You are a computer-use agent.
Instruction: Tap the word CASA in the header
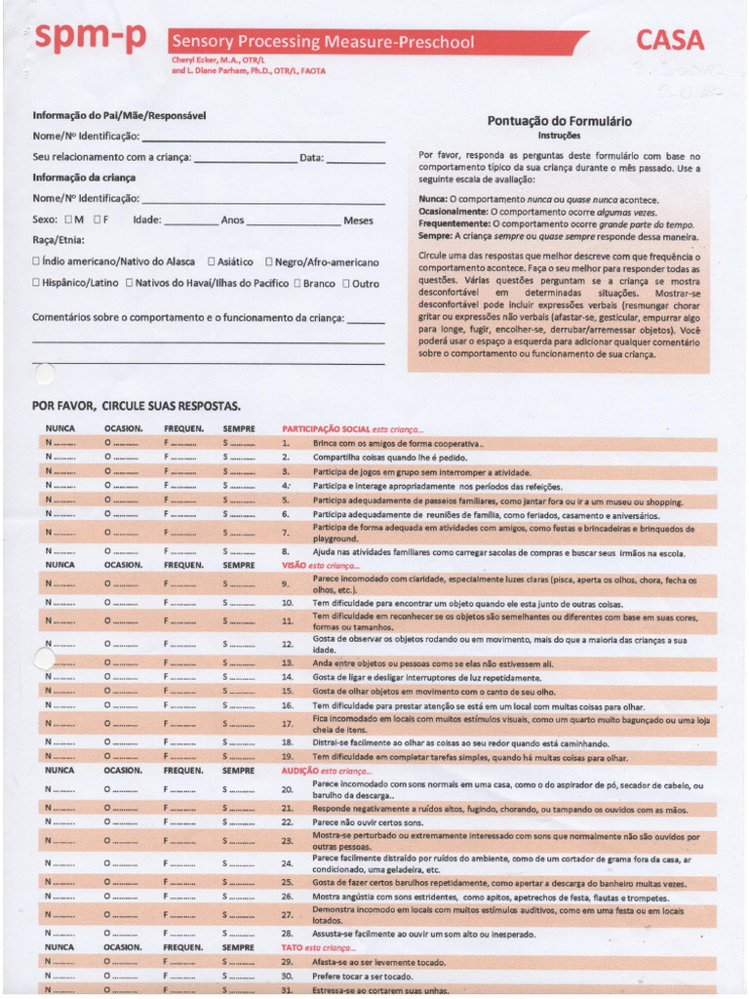coord(670,40)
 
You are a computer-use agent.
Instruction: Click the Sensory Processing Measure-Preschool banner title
coord(323,42)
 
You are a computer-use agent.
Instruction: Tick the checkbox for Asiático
coord(212,262)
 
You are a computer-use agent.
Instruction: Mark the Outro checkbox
coord(345,283)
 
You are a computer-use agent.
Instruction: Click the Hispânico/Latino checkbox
coord(36,283)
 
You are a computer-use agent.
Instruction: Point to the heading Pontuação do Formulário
coord(559,121)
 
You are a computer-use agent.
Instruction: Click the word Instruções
coord(559,136)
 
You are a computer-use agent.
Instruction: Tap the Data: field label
coord(311,157)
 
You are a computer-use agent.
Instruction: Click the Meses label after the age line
coord(358,220)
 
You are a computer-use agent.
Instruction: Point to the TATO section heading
coord(294,947)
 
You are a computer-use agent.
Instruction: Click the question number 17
coord(287,724)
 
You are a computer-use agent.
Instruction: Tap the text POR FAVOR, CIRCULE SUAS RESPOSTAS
coord(136,406)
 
